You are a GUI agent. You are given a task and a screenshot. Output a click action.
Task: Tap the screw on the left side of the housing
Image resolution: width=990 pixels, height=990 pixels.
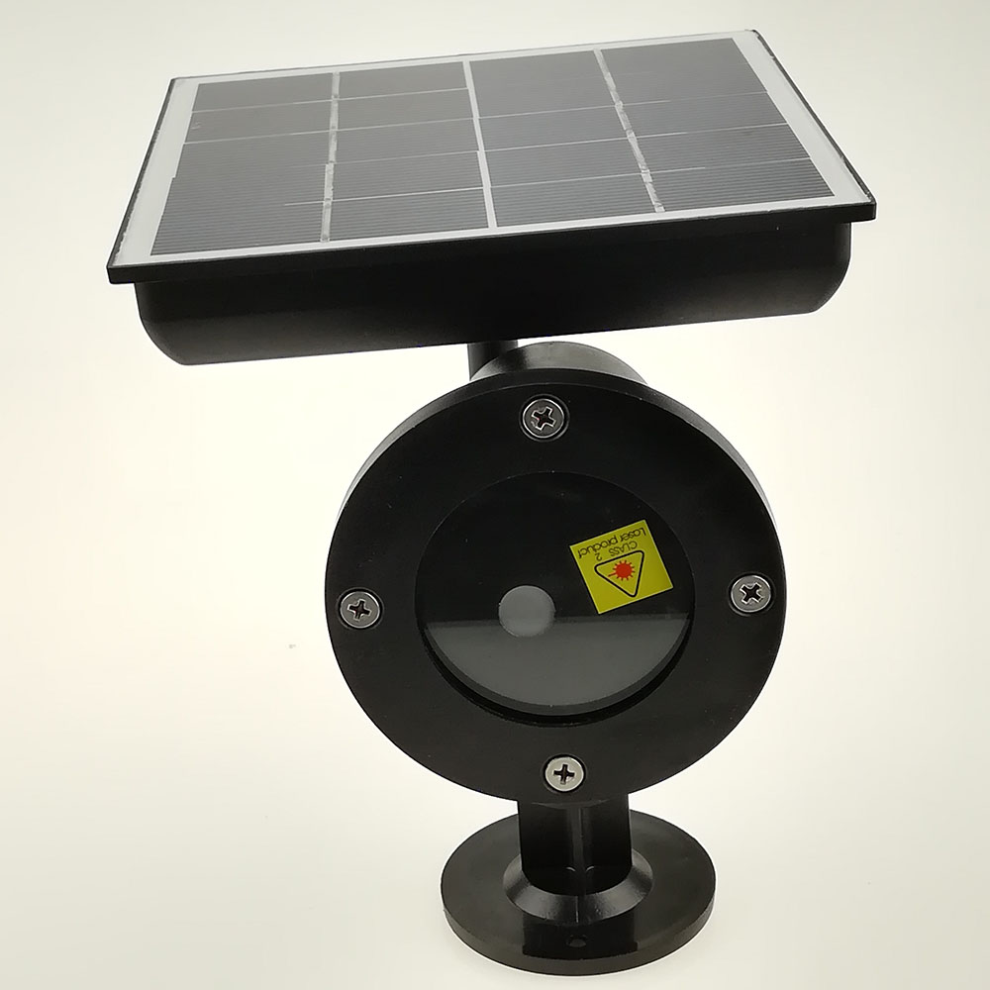click(x=359, y=607)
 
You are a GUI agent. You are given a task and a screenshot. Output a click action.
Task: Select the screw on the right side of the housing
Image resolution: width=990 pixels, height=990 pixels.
click(x=751, y=592)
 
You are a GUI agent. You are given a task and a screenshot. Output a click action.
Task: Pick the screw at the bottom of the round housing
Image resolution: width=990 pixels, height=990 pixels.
click(x=564, y=771)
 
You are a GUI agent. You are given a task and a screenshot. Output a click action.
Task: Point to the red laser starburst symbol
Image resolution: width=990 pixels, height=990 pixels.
click(x=622, y=571)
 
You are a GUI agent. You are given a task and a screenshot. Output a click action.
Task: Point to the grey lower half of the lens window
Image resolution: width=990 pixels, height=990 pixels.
click(x=554, y=663)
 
